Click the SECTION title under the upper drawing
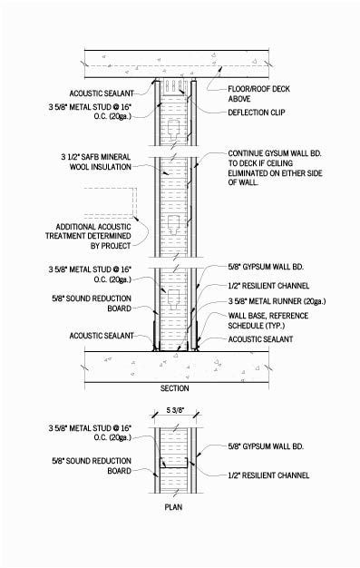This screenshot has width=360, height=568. pos(174,388)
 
